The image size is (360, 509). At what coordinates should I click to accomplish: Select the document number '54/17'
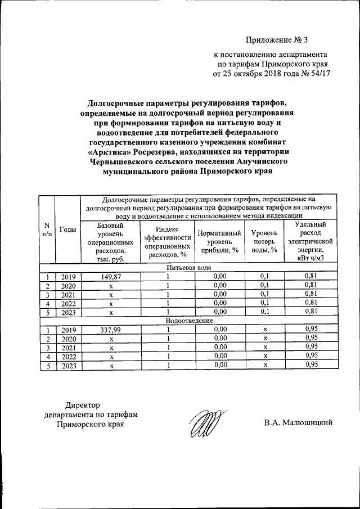(318, 73)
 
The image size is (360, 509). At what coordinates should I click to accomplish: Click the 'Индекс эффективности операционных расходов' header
(168, 241)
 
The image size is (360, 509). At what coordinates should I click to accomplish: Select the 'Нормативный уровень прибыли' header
(219, 241)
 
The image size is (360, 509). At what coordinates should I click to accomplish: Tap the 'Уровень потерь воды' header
(264, 241)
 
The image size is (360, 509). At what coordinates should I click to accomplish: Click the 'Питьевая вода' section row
(188, 267)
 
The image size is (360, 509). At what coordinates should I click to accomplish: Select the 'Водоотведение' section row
(188, 320)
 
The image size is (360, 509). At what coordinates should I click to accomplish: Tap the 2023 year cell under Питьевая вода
(68, 312)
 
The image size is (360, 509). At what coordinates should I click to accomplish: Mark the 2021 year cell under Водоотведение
(68, 348)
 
